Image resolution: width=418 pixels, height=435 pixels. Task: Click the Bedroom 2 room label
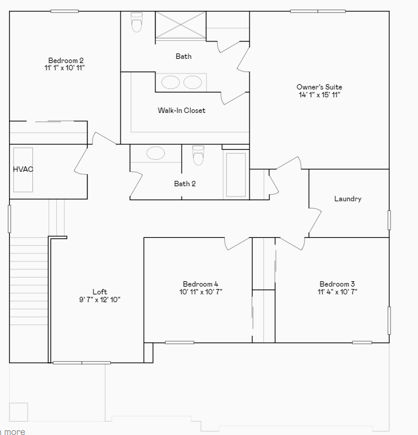66,60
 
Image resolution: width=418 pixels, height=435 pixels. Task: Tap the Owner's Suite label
319,87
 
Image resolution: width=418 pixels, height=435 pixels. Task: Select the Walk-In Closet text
181,111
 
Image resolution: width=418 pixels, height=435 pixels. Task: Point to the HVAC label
23,169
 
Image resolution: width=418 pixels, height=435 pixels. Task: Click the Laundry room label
348,199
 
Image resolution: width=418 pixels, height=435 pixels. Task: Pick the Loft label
100,292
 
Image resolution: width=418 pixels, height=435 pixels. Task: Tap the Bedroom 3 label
337,284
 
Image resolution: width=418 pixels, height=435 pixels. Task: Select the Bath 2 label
185,184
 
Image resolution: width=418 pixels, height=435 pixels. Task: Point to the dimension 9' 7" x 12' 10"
100,300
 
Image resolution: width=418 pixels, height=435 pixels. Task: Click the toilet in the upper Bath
137,23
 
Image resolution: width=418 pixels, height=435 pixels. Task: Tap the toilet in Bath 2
199,156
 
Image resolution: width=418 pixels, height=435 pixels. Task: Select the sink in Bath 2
155,153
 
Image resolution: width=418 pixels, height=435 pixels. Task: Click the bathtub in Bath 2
236,175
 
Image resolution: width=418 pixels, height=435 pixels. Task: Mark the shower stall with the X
181,26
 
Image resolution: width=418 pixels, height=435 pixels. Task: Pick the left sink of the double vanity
170,82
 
